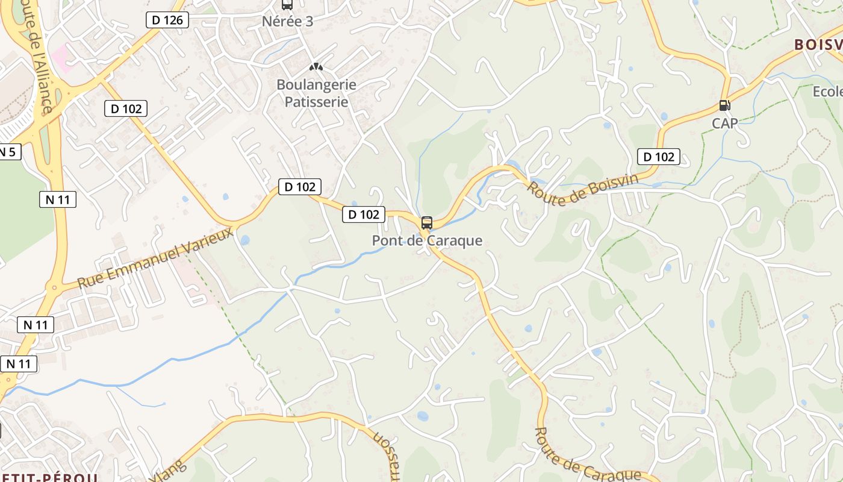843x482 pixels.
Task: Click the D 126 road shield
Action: [167, 20]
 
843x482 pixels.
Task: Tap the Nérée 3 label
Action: [287, 22]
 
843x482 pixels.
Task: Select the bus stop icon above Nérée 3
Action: [287, 5]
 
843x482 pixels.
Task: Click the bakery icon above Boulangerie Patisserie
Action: [316, 67]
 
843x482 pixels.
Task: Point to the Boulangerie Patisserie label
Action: [316, 93]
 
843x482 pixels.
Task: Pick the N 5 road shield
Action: [8, 151]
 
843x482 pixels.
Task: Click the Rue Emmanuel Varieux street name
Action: [155, 258]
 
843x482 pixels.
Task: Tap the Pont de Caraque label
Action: [427, 240]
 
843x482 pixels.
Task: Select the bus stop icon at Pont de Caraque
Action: [427, 222]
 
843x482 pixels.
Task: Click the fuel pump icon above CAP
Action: [724, 105]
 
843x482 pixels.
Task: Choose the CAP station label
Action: [724, 123]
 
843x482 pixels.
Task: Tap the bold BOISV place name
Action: [818, 45]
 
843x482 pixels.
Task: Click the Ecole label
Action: [827, 92]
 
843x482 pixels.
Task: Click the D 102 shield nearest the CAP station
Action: [659, 157]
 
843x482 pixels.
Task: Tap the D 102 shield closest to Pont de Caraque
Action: [364, 214]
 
